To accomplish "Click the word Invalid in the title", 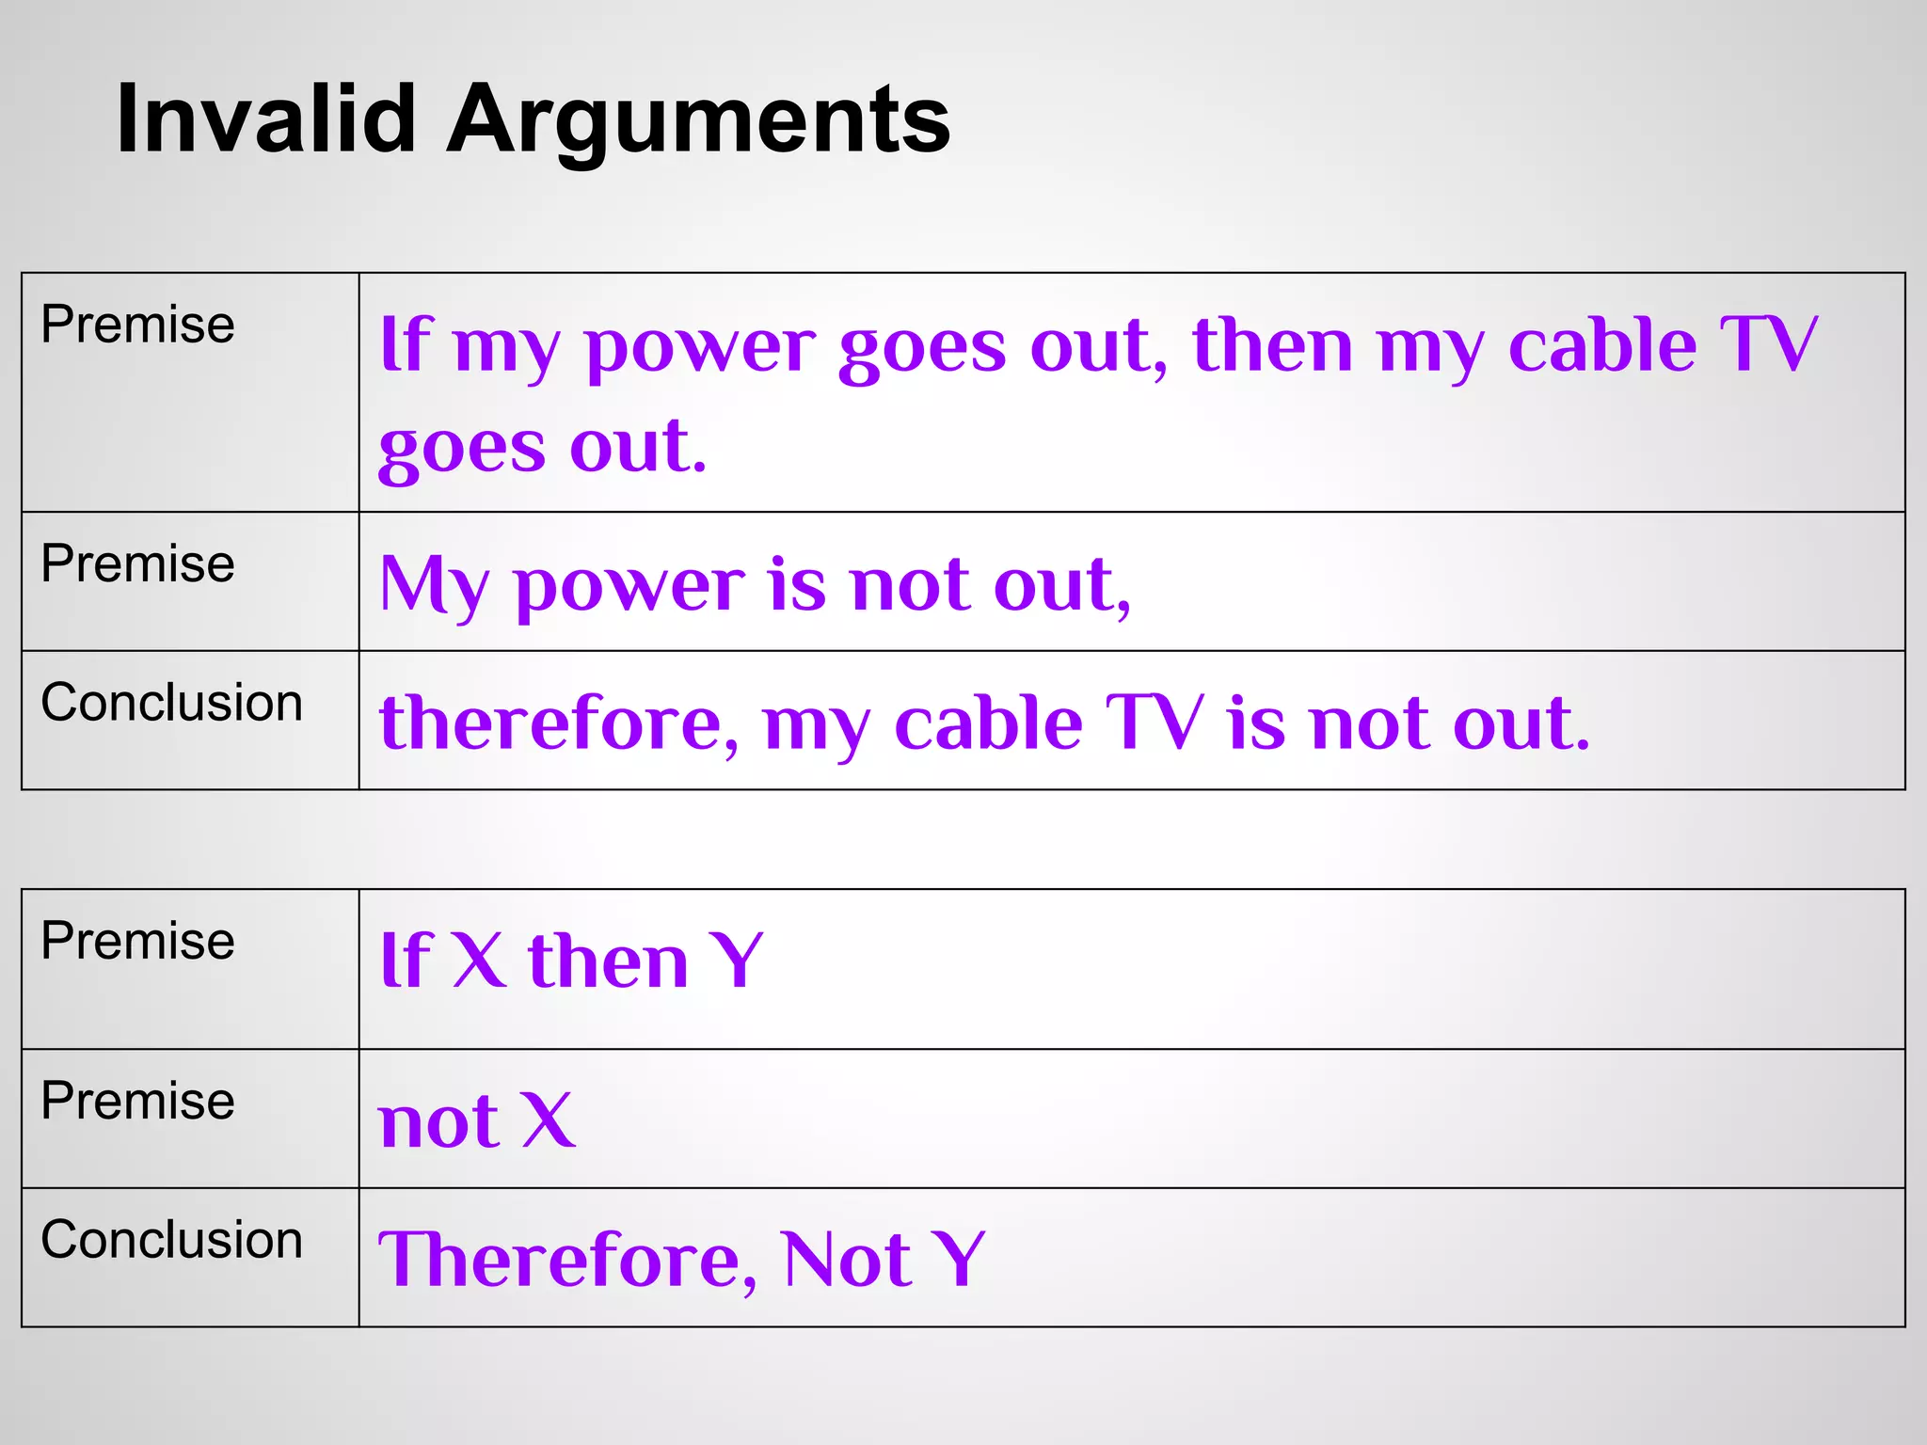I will (x=266, y=119).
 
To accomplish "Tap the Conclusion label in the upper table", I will (x=172, y=703).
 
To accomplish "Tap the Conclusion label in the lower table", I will (x=172, y=1240).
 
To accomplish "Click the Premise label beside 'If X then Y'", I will (x=138, y=941).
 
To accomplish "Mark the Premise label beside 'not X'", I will (x=138, y=1101).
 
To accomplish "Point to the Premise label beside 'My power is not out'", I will (x=138, y=564).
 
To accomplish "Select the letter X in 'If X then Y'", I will (x=479, y=961).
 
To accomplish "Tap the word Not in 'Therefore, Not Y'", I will (x=845, y=1260).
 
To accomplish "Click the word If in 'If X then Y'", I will (x=406, y=961).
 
